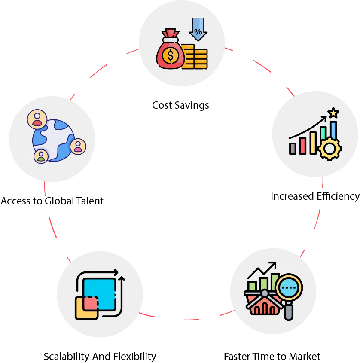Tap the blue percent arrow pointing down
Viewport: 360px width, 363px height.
coord(198,29)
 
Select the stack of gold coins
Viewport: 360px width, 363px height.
coord(194,58)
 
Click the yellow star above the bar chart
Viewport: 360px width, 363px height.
coord(333,113)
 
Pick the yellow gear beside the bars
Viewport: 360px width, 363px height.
coord(329,149)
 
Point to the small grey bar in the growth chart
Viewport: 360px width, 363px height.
coord(293,148)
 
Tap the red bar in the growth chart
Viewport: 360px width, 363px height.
coord(303,145)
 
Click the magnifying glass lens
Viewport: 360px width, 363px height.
coord(289,287)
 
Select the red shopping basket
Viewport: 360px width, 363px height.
coord(262,303)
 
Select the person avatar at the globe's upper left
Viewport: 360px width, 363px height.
coord(37,119)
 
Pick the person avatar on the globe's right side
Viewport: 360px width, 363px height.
coord(78,146)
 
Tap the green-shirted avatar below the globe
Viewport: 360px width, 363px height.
coord(41,156)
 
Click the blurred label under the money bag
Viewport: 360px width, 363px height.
coord(180,105)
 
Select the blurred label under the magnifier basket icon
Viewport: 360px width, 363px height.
coord(273,356)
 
